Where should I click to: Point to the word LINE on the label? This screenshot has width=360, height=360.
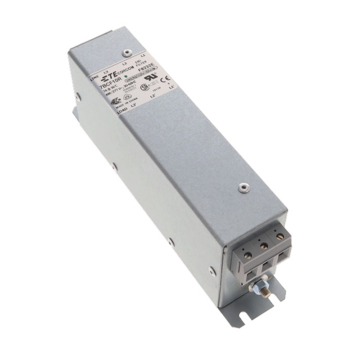[x=94, y=80]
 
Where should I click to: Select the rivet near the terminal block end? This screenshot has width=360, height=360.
[x=244, y=186]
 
